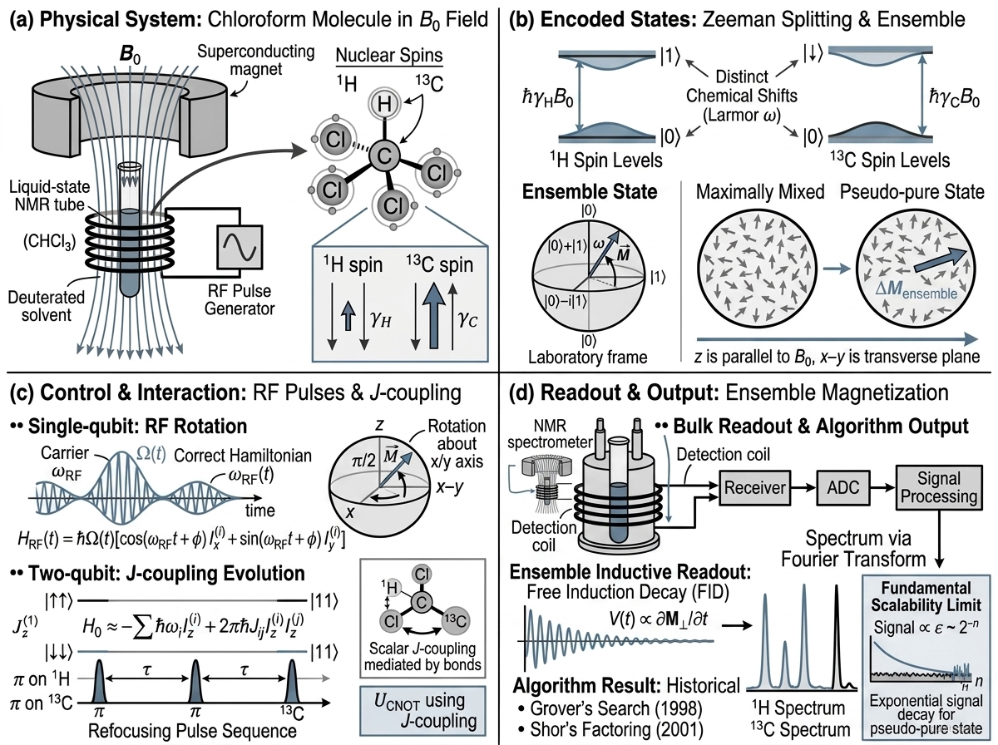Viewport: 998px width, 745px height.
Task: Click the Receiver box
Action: pos(755,488)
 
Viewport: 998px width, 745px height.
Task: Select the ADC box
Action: pos(843,488)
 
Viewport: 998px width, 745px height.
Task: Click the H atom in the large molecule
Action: pos(384,104)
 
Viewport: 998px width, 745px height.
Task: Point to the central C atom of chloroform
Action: pos(384,156)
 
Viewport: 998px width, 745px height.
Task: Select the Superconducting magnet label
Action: pos(255,60)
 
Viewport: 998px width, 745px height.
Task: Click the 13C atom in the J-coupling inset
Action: pos(455,621)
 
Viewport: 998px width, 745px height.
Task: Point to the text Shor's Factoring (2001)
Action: pos(610,729)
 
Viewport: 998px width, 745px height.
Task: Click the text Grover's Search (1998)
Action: pos(610,708)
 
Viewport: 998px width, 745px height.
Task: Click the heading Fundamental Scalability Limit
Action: pos(926,596)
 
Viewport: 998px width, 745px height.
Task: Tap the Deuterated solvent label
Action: pos(47,306)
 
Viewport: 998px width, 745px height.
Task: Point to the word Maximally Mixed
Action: pos(760,192)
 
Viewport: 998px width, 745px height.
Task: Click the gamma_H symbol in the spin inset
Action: pos(381,320)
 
